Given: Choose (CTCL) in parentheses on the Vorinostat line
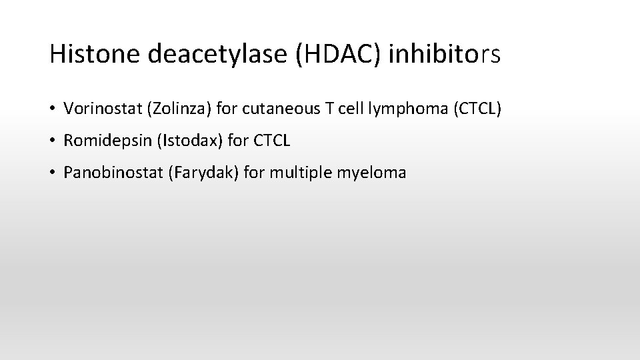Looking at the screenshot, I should click(475, 108).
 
